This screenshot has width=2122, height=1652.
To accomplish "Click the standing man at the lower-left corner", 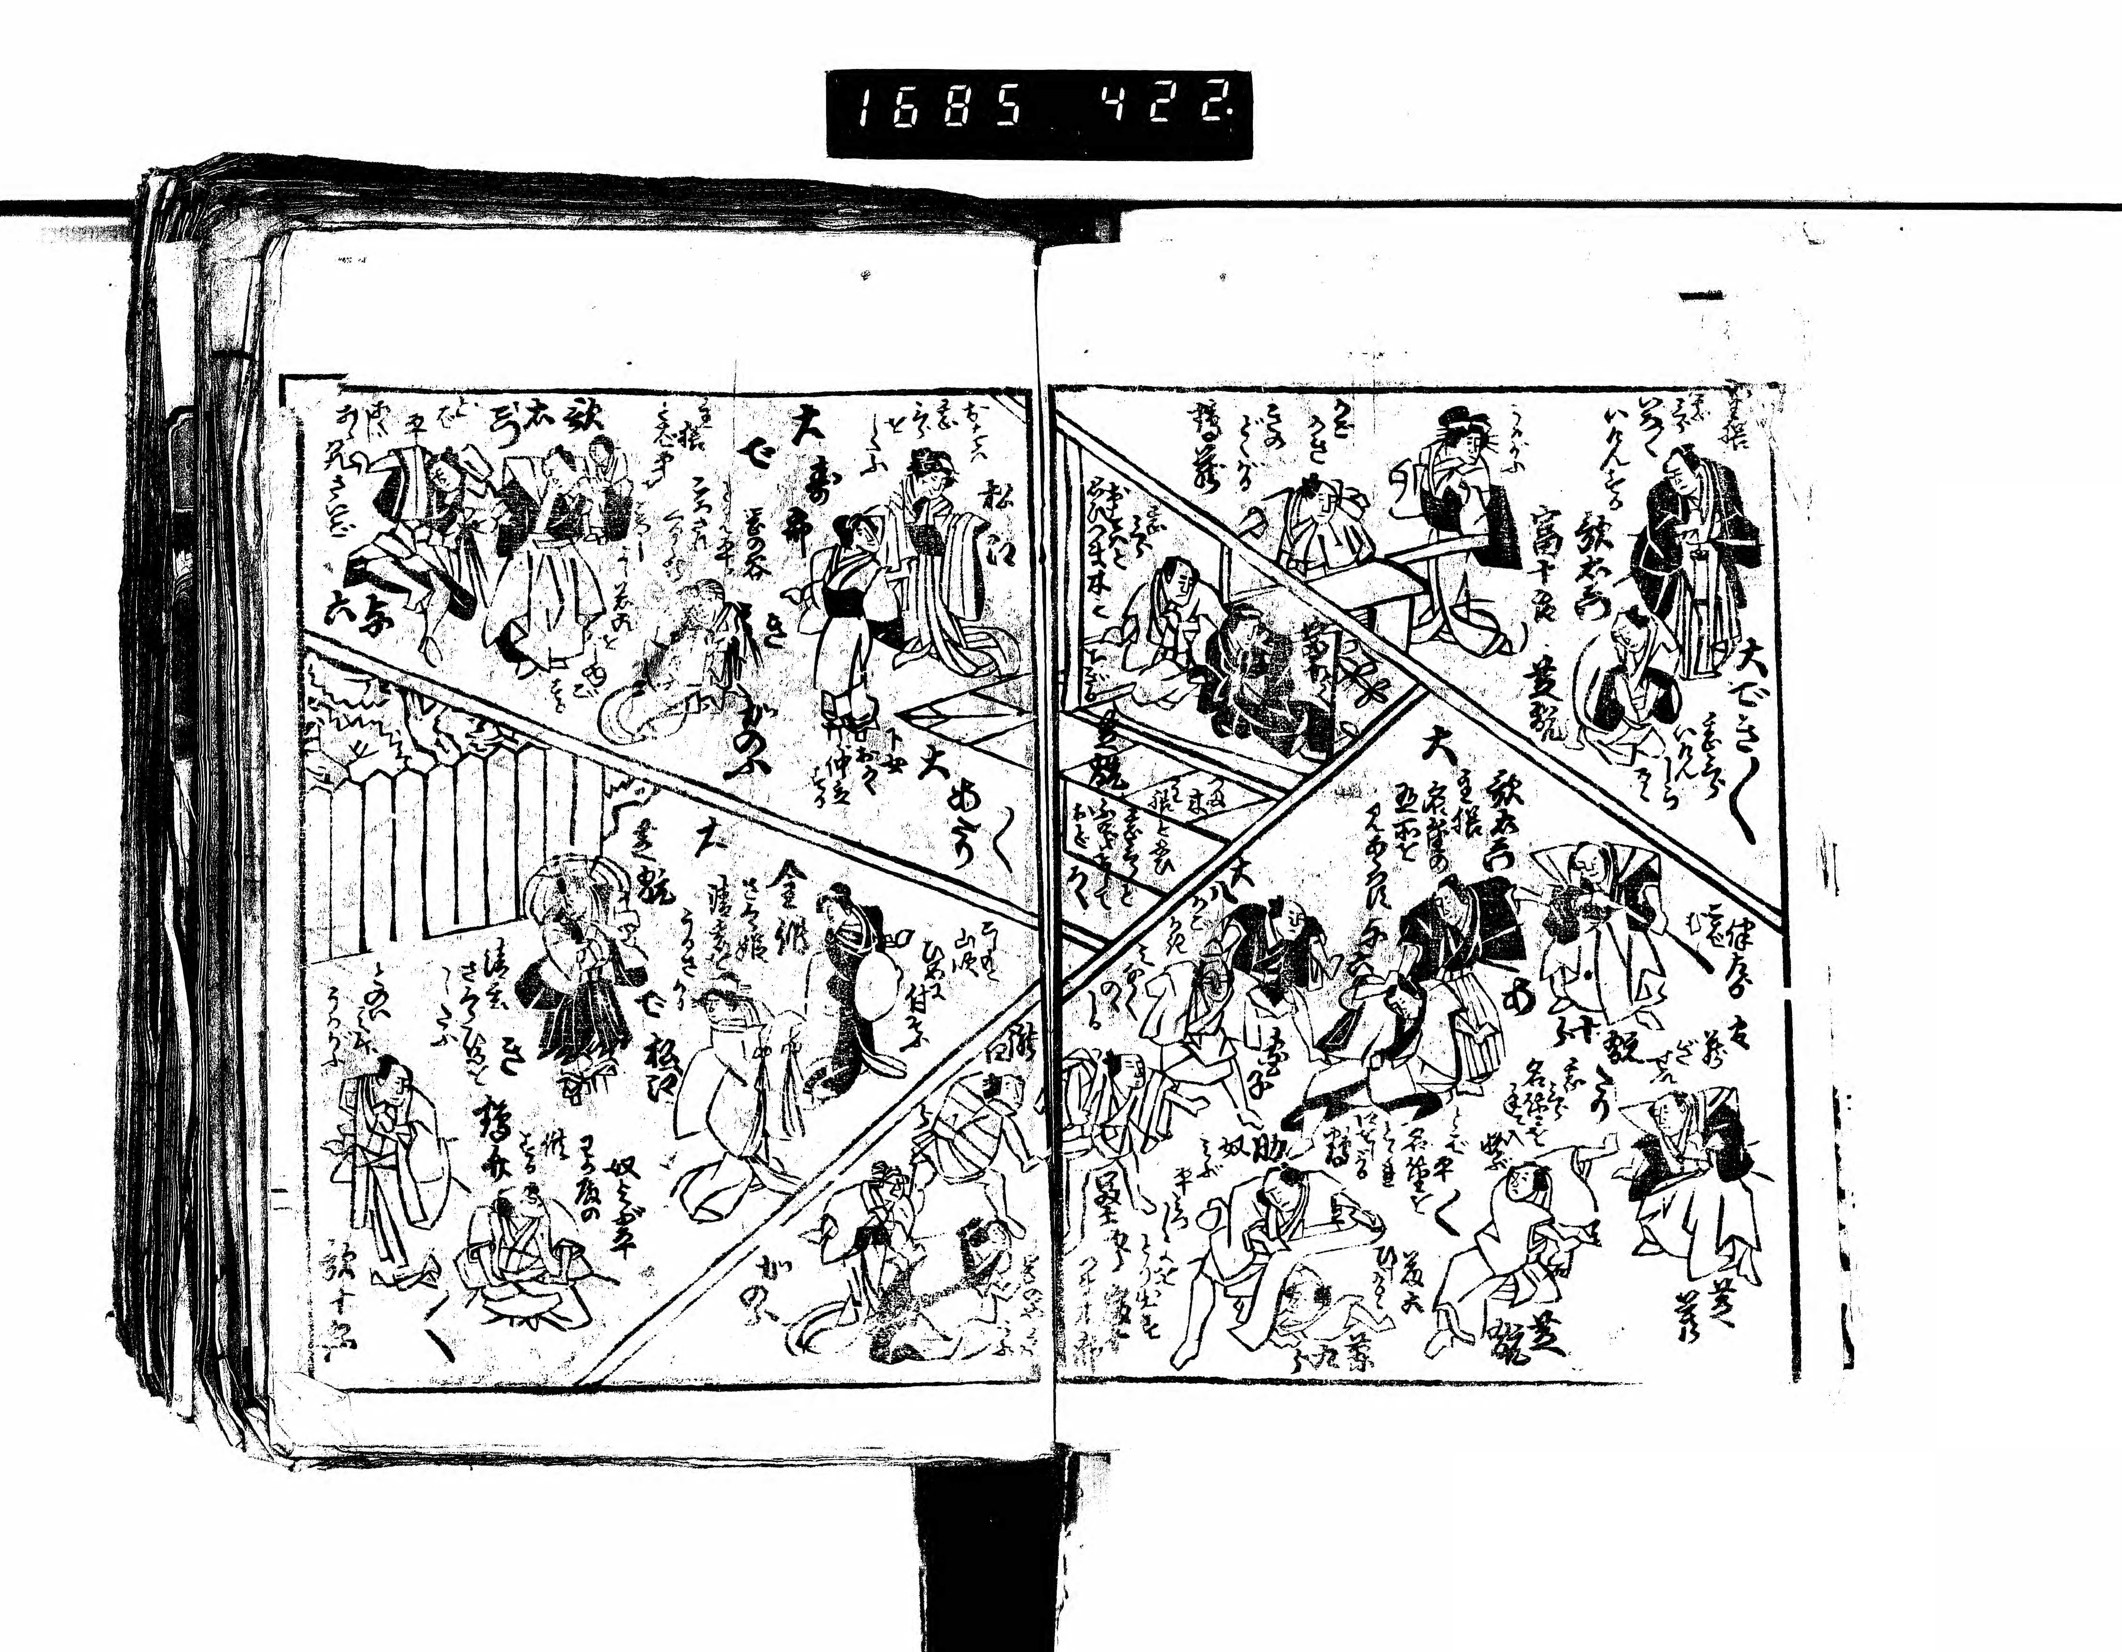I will point(389,1166).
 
